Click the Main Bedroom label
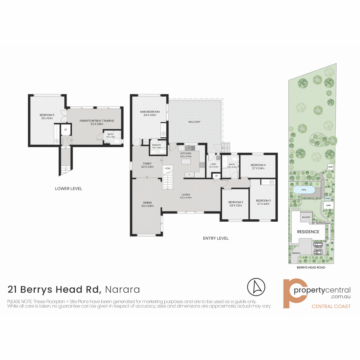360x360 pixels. click(x=149, y=112)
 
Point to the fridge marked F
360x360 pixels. click(x=190, y=174)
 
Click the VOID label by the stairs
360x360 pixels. click(x=168, y=168)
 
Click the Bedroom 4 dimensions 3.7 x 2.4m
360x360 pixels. click(x=258, y=168)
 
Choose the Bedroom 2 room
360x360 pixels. click(x=235, y=204)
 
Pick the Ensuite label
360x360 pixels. click(x=157, y=145)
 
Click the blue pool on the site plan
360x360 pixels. click(x=304, y=190)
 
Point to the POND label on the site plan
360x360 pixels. click(x=327, y=198)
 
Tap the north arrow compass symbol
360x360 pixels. click(x=256, y=286)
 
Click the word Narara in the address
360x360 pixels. click(x=122, y=289)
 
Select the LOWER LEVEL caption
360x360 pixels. click(x=68, y=189)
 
